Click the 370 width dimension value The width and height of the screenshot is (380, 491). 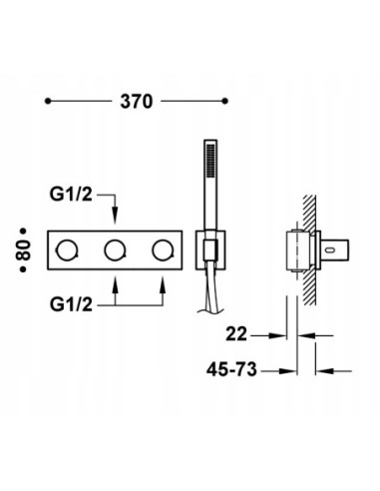pos(136,100)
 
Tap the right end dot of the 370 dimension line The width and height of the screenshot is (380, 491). pos(224,100)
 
